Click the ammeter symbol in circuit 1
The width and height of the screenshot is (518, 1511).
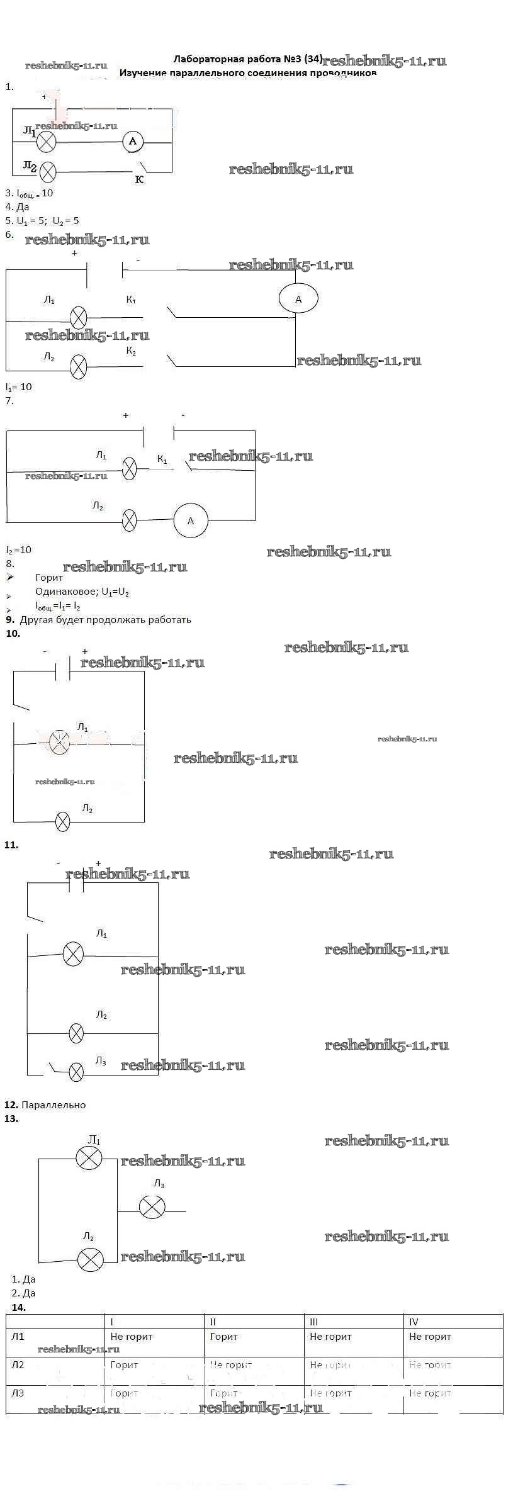(133, 142)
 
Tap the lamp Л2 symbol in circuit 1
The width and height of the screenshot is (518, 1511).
(47, 171)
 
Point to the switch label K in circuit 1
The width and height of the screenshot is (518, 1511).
(140, 180)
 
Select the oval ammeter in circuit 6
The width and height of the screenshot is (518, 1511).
(298, 299)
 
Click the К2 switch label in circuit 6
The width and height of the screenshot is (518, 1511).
(131, 351)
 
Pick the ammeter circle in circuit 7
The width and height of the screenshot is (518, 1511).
(191, 520)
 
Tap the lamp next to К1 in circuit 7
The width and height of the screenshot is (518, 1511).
(129, 469)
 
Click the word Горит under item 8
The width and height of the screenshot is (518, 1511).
(50, 577)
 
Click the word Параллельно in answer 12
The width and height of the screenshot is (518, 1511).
(53, 1104)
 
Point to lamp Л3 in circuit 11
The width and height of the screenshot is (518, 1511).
(76, 1072)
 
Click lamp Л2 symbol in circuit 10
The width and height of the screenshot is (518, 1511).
(63, 821)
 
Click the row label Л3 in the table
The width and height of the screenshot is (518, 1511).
(18, 1393)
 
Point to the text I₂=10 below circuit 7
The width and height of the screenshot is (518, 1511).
(19, 549)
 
